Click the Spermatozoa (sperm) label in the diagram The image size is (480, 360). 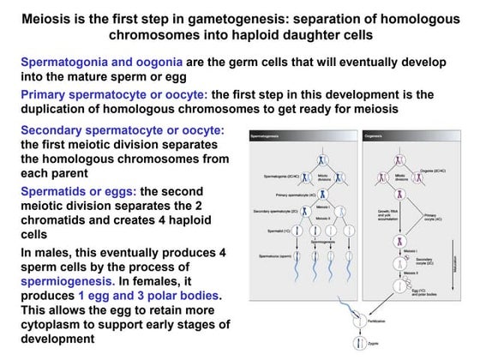(279, 256)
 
